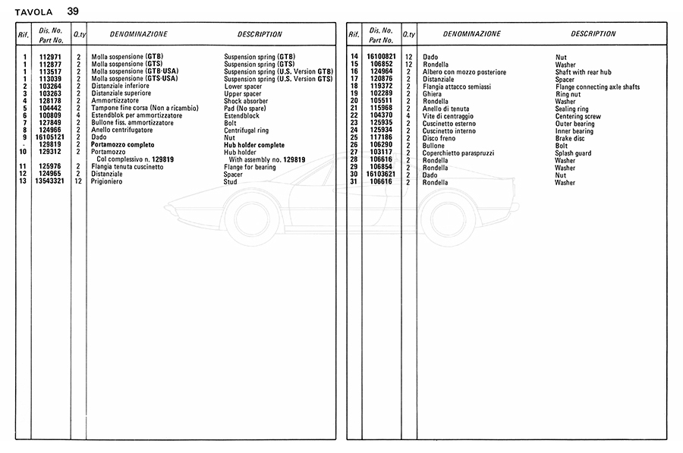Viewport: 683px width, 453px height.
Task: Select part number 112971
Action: (51, 56)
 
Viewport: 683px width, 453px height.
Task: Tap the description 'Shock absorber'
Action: (246, 101)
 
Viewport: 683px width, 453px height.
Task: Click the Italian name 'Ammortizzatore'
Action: (115, 101)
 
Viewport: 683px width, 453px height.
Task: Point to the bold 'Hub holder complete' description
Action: (254, 145)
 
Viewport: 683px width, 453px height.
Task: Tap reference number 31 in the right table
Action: (354, 182)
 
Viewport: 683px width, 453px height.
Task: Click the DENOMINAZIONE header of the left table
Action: (138, 34)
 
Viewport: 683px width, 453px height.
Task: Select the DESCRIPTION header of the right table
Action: (593, 34)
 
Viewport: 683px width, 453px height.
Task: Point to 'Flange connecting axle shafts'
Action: (597, 87)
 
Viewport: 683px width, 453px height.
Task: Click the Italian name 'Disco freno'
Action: (440, 138)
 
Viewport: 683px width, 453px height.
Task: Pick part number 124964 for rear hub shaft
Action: (382, 71)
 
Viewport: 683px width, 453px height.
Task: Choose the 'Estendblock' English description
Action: (242, 115)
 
